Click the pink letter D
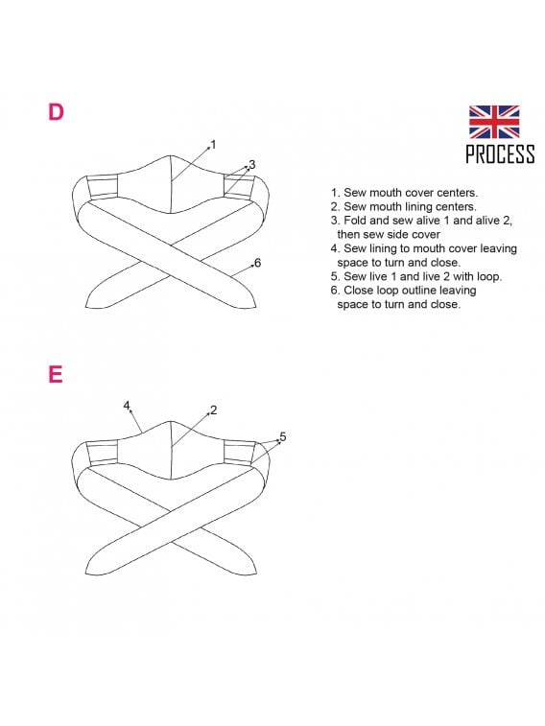(56, 112)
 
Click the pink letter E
(56, 375)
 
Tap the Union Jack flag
(493, 122)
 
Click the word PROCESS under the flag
(500, 153)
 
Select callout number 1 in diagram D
(213, 145)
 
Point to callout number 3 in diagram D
(252, 164)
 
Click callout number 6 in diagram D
(258, 263)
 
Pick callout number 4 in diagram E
(127, 406)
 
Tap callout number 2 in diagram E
(213, 410)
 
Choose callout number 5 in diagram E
(283, 436)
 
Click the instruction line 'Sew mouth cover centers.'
(404, 193)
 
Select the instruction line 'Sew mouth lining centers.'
(403, 206)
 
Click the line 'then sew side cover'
(389, 235)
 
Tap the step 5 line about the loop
(416, 276)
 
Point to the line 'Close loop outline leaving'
(403, 291)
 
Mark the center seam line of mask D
(172, 184)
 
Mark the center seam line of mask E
(172, 450)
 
